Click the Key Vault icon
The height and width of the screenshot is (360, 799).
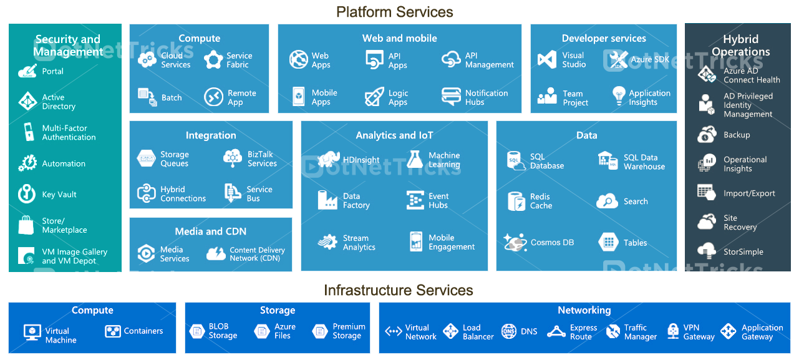pyautogui.click(x=27, y=193)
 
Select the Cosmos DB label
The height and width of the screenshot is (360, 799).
pyautogui.click(x=552, y=243)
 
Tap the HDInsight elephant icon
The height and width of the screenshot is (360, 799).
pyautogui.click(x=328, y=160)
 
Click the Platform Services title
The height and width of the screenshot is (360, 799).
pyautogui.click(x=394, y=12)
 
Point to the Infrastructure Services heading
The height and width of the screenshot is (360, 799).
pyautogui.click(x=399, y=290)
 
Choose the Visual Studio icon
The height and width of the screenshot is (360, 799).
pyautogui.click(x=547, y=60)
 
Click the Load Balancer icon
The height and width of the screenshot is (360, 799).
pyautogui.click(x=450, y=332)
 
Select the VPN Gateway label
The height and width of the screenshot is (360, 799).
pyautogui.click(x=699, y=332)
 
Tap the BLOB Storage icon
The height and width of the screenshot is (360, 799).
pyautogui.click(x=197, y=331)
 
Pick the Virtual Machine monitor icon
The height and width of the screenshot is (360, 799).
pyautogui.click(x=32, y=332)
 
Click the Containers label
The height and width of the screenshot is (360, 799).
pyautogui.click(x=143, y=331)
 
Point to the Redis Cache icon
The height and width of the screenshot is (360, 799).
pyautogui.click(x=516, y=201)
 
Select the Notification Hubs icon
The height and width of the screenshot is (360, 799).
pyautogui.click(x=451, y=97)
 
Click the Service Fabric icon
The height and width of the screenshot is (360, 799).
pyautogui.click(x=213, y=60)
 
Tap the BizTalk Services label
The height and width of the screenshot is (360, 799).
pyautogui.click(x=262, y=159)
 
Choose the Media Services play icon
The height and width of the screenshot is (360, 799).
pyautogui.click(x=146, y=253)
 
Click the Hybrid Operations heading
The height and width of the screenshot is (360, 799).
pyautogui.click(x=740, y=46)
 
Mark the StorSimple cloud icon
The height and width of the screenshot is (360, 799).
pyautogui.click(x=706, y=251)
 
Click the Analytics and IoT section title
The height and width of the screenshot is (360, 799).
pyautogui.click(x=394, y=135)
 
